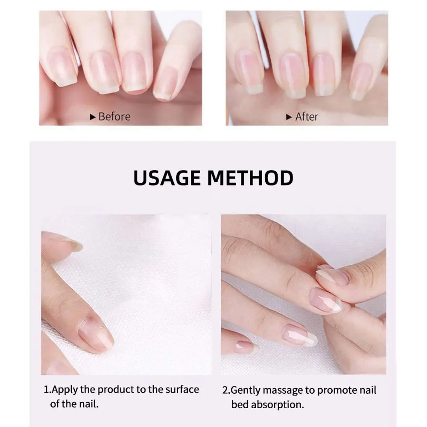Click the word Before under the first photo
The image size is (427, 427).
pos(114,117)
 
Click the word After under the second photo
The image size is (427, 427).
pos(307,117)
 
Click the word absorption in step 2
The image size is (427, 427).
pos(278,404)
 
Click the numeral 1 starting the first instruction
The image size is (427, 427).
pos(47,389)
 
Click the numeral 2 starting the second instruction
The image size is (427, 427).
pos(225,390)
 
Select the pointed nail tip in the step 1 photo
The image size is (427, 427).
pos(76,245)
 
